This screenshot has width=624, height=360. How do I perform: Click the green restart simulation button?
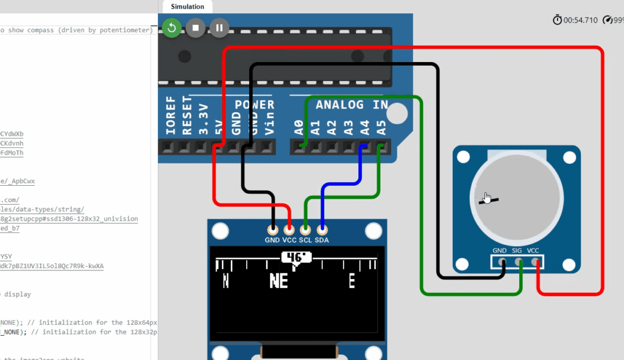(x=172, y=27)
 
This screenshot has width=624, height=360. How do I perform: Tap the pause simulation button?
(x=219, y=27)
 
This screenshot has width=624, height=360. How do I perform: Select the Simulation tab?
(x=187, y=6)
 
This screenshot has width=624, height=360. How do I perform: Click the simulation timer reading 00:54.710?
(x=580, y=20)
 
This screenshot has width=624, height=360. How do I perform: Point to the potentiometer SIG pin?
(x=519, y=262)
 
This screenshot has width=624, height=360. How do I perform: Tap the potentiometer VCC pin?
(x=536, y=262)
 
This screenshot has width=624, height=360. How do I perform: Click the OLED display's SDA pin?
(x=322, y=230)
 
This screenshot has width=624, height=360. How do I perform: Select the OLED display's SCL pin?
(x=305, y=230)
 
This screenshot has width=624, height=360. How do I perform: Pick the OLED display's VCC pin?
(x=289, y=230)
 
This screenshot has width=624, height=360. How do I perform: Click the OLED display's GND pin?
(x=272, y=230)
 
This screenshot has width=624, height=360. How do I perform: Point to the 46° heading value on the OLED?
(x=296, y=258)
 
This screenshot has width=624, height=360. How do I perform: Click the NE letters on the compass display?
(x=278, y=281)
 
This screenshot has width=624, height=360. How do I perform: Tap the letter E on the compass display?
(x=352, y=281)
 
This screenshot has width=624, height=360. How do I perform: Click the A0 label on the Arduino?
(x=299, y=127)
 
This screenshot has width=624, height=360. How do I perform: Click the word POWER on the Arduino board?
(x=255, y=105)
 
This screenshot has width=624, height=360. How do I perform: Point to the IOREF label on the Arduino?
(x=171, y=115)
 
